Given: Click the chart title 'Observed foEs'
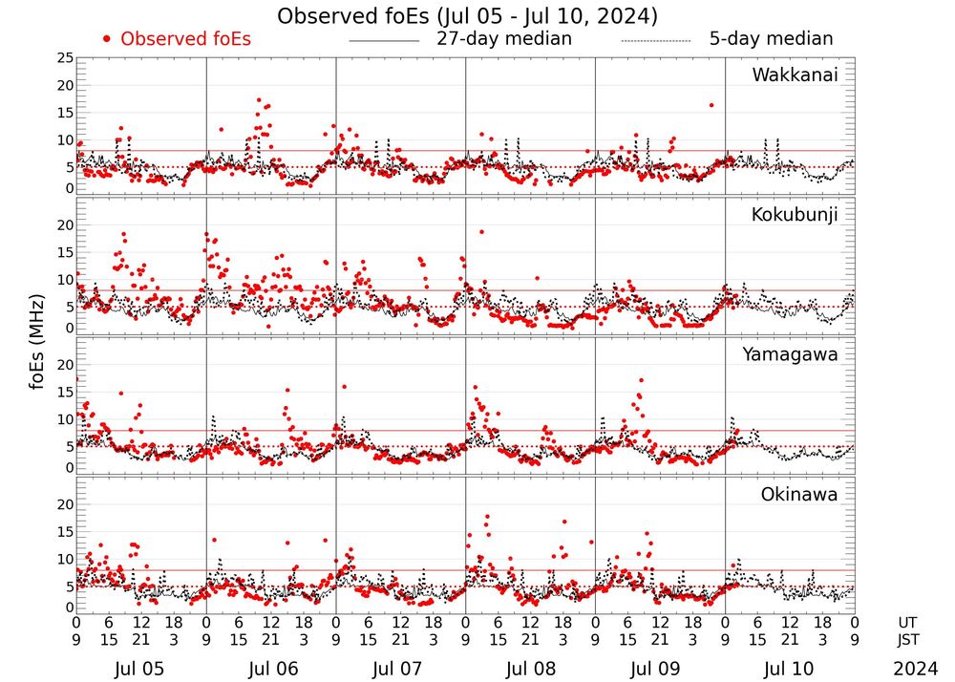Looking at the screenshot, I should [466, 16].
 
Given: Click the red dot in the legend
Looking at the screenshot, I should [107, 39].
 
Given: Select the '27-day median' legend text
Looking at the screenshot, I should [503, 39].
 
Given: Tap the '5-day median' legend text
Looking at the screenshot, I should [771, 39].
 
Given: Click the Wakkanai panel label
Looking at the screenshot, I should [795, 75].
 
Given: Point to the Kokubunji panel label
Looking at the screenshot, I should [793, 215].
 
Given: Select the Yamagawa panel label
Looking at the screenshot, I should [790, 354].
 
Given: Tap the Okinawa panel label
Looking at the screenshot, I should [798, 495].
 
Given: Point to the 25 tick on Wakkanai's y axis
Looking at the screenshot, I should [64, 58].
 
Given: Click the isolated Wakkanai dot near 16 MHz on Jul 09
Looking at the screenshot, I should [711, 105].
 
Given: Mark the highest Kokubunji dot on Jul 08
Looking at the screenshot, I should [481, 231].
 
